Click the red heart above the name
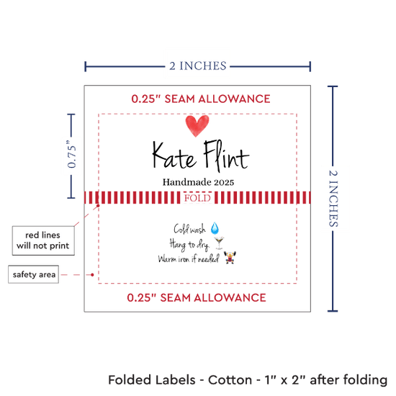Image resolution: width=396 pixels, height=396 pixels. [x=197, y=125]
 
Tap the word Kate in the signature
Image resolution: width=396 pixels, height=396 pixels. [x=174, y=156]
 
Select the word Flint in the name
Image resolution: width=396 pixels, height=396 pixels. [x=227, y=156]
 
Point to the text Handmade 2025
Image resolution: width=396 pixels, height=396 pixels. [x=198, y=182]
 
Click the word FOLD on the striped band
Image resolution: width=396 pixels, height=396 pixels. [x=197, y=198]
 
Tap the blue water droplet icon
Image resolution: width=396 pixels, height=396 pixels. [x=215, y=228]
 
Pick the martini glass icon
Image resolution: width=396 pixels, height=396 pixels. [x=219, y=243]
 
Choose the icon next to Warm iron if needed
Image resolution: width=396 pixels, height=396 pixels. [x=230, y=258]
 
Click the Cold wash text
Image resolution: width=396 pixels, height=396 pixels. [x=189, y=229]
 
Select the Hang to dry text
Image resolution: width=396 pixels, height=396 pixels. [x=189, y=245]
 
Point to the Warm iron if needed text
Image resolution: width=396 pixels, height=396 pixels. [x=189, y=259]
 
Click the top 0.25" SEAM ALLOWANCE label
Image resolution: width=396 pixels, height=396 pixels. [x=201, y=99]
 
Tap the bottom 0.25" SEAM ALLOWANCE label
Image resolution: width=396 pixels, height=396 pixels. [x=197, y=297]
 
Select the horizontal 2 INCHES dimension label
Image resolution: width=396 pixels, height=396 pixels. [x=198, y=66]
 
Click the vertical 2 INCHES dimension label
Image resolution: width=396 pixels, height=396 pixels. [x=333, y=198]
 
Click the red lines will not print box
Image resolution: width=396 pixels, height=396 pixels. [x=43, y=240]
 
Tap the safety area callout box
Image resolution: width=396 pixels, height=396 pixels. [x=34, y=274]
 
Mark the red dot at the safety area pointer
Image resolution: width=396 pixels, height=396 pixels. [x=92, y=274]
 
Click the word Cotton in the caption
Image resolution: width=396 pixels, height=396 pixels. [x=230, y=380]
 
